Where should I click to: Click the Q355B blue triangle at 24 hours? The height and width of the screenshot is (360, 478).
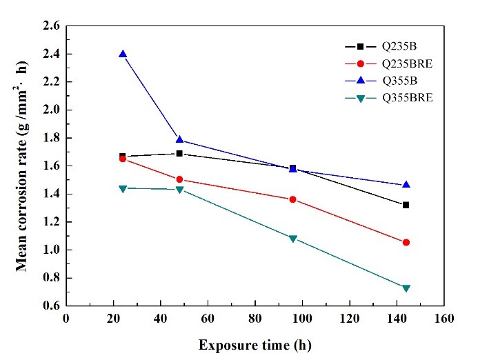(x=123, y=54)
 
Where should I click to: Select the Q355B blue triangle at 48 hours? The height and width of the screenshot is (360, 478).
(x=179, y=140)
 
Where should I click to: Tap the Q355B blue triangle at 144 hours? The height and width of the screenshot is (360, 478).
(x=406, y=185)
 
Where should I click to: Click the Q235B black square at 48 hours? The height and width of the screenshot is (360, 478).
(x=179, y=153)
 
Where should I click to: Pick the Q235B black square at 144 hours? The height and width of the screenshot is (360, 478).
(x=406, y=205)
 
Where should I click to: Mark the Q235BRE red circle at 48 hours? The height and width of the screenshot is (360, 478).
(x=179, y=179)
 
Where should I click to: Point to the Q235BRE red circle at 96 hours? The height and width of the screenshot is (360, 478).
(x=292, y=199)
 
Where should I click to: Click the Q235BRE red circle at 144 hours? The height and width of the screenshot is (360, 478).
(x=406, y=242)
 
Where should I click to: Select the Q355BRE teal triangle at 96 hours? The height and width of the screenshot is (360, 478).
(x=292, y=239)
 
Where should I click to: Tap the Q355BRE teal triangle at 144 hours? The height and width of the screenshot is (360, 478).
(x=406, y=288)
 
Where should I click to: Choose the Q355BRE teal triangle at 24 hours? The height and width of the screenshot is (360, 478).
(x=123, y=188)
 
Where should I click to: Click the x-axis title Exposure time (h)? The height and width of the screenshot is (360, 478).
(x=255, y=343)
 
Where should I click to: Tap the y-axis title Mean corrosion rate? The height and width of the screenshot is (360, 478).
(x=23, y=166)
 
